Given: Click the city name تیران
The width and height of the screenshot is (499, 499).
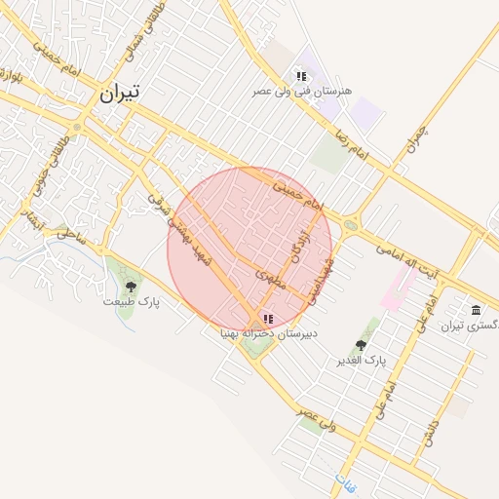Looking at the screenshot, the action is click(x=119, y=93).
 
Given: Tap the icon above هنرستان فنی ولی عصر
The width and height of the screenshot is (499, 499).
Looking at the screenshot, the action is click(x=301, y=76).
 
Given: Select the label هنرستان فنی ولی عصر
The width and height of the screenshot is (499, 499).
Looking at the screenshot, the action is click(x=302, y=91).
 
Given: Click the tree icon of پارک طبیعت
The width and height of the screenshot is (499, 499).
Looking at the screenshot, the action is click(x=131, y=287).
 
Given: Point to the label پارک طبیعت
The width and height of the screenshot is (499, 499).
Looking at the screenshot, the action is click(x=132, y=302).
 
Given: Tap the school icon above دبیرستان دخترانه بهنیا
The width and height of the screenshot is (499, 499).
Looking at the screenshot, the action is click(x=268, y=319).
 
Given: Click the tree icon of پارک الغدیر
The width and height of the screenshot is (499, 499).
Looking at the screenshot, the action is click(x=361, y=345).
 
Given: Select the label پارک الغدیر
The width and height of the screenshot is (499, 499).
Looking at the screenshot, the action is click(x=362, y=361).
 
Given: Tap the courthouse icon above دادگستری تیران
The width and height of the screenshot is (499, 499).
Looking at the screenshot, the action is click(x=475, y=310).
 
